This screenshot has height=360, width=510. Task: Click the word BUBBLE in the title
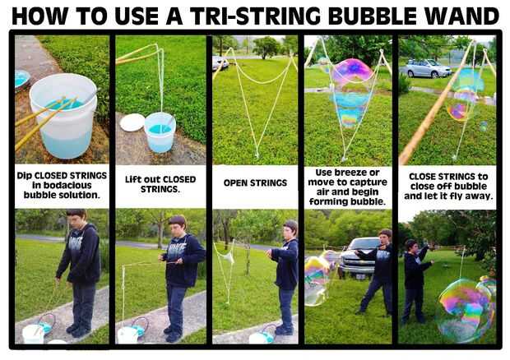click(x=373, y=16)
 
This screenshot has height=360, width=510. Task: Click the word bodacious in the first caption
click(x=62, y=185)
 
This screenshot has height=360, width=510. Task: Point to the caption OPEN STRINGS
click(x=255, y=183)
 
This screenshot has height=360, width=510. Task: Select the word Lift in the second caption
click(x=132, y=179)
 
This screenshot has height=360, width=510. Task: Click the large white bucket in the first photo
click(x=64, y=115)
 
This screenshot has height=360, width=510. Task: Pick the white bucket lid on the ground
click(x=132, y=122)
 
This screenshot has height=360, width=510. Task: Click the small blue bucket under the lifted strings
click(x=160, y=132)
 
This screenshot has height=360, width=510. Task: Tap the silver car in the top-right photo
click(x=426, y=68)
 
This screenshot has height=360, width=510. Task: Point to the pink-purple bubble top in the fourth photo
click(x=352, y=72)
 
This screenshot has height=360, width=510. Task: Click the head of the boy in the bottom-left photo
click(x=76, y=218)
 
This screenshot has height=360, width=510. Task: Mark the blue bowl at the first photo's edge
click(x=22, y=80)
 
